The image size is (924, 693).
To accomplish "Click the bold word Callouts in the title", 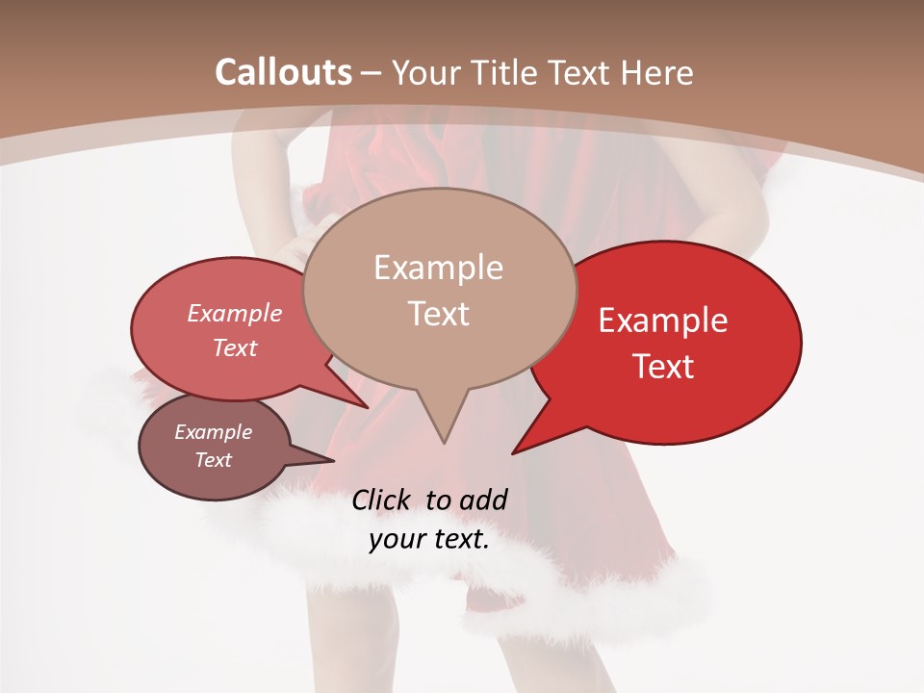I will [x=283, y=72].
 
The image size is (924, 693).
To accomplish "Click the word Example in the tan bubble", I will [x=438, y=268].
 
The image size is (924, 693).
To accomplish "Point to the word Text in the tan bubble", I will [x=438, y=314].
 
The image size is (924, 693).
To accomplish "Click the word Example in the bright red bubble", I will [x=663, y=321].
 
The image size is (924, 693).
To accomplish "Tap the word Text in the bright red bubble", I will [x=663, y=367].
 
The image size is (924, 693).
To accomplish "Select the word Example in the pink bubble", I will [x=235, y=314].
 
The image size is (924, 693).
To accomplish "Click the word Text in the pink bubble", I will [x=235, y=348].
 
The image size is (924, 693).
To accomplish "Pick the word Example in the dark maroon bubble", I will [x=214, y=432].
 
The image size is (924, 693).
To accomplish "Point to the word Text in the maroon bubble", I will [x=214, y=460].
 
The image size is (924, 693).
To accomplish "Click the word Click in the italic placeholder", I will [x=383, y=500].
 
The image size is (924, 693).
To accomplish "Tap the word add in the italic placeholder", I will [x=483, y=500].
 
